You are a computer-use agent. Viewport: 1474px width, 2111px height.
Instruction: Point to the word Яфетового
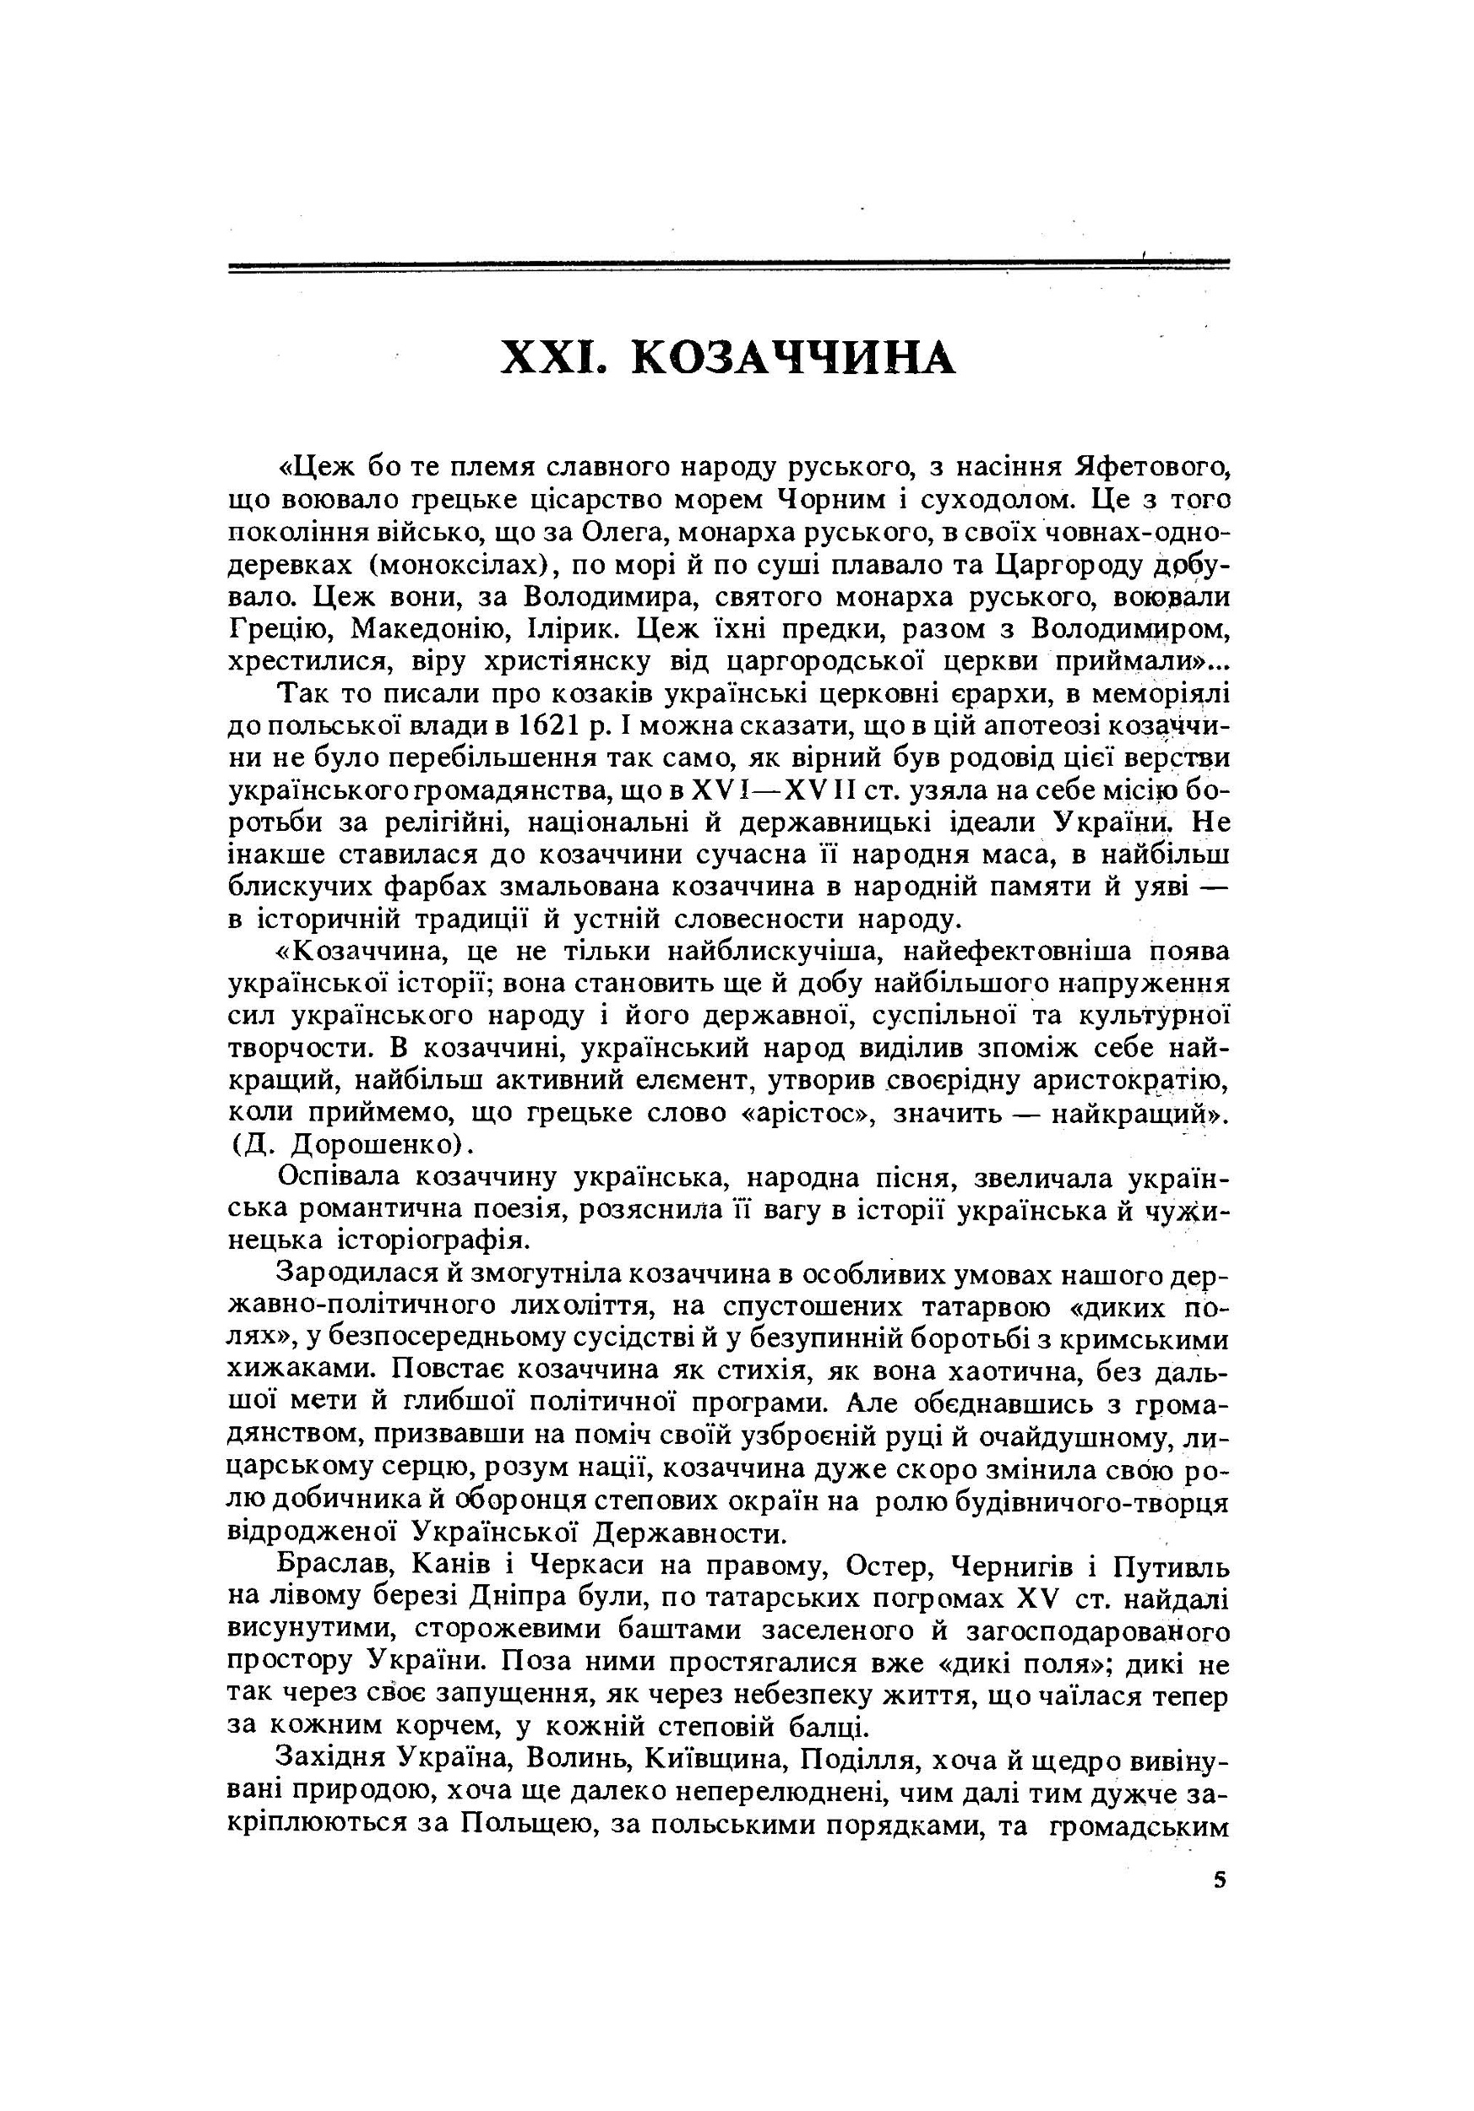[x=1150, y=467]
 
